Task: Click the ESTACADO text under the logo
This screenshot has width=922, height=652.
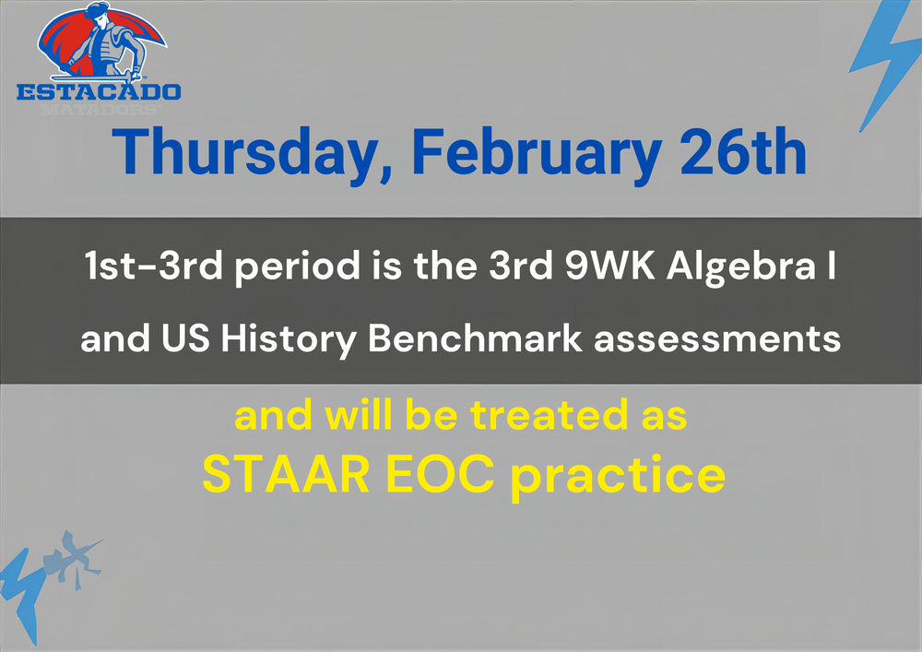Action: click(x=100, y=91)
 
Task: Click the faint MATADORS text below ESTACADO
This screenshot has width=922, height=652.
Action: click(x=100, y=109)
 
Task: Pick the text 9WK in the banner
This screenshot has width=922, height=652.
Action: click(x=594, y=267)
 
